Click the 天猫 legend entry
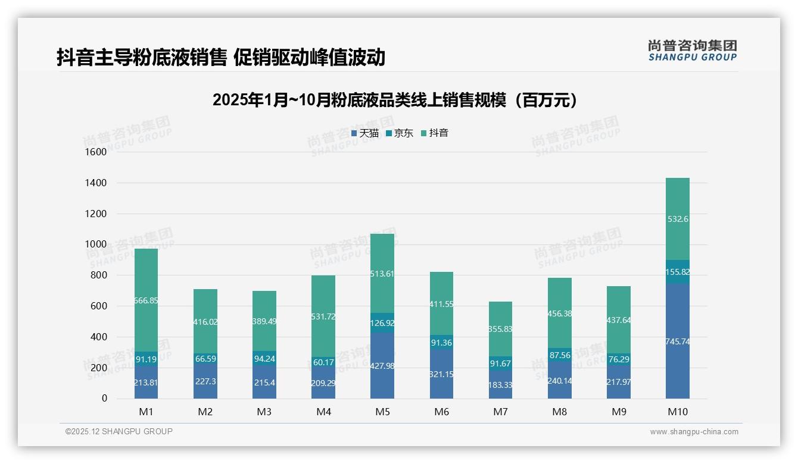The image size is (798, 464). pos(365,133)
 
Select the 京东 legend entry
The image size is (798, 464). pos(400,133)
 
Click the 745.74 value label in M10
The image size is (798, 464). pos(678,341)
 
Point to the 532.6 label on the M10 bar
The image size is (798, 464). pos(678,219)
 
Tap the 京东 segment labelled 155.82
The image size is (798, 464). pos(678,272)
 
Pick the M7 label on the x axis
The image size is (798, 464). pos(500,412)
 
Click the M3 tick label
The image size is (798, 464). pos(264,412)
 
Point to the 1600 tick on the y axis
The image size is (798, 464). pos(95,152)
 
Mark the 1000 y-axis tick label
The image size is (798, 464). pos(95,244)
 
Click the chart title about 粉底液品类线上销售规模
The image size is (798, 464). pos(395,100)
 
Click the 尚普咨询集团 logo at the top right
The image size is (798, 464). pos(692,50)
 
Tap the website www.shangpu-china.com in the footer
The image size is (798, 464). pos(694,432)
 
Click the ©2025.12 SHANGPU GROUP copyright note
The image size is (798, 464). pos(119,432)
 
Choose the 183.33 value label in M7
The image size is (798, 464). pos(500,385)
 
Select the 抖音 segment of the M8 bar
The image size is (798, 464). pos(559,312)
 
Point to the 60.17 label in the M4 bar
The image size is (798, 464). pos(323,362)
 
